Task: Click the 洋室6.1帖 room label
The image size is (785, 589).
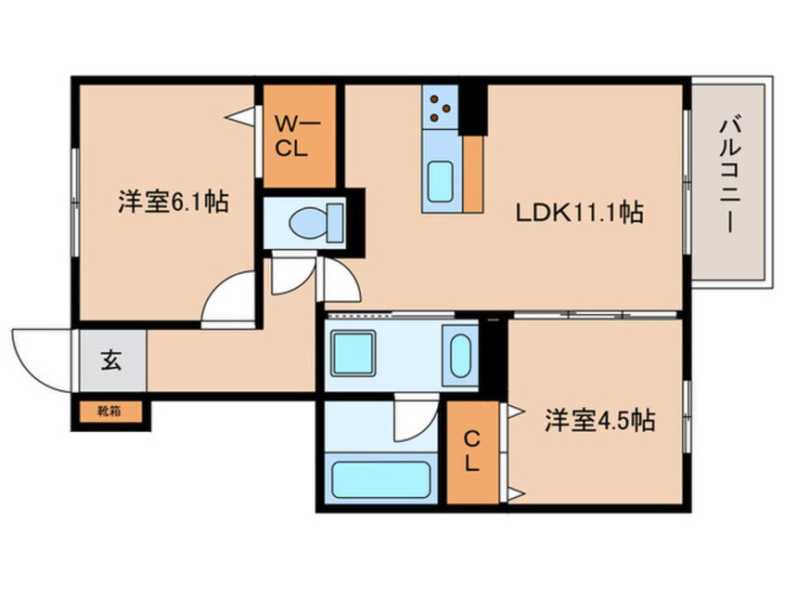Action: pos(174,201)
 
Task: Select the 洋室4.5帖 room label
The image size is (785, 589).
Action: pos(599,422)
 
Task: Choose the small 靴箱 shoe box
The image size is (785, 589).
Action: pos(109,408)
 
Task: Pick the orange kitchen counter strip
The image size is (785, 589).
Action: pos(472,175)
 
